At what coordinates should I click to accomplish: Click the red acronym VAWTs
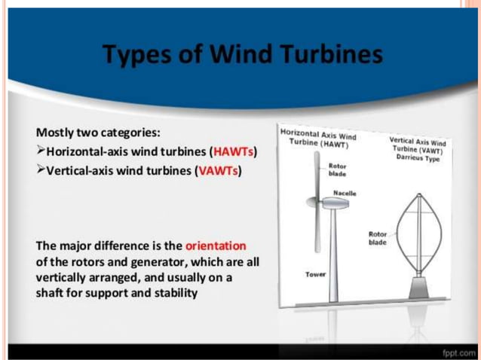pyautogui.click(x=217, y=170)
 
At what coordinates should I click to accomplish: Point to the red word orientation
pyautogui.click(x=216, y=246)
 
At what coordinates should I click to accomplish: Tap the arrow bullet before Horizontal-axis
pyautogui.click(x=41, y=154)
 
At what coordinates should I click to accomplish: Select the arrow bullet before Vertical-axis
pyautogui.click(x=41, y=170)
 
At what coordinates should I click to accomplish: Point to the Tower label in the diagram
pyautogui.click(x=316, y=274)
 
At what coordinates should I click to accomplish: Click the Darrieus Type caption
pyautogui.click(x=417, y=158)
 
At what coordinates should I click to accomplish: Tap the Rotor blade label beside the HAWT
pyautogui.click(x=337, y=169)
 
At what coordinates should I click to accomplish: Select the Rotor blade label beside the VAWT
pyautogui.click(x=377, y=238)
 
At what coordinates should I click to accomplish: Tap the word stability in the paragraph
pyautogui.click(x=174, y=292)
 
